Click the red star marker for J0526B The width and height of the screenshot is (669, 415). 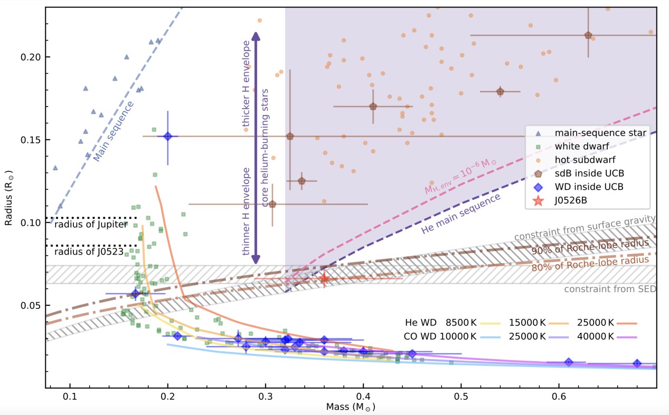pos(324,278)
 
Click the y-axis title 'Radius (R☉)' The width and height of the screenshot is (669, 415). pos(9,197)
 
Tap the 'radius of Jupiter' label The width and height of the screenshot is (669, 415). pos(91,225)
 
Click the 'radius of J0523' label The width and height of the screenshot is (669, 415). pos(88,252)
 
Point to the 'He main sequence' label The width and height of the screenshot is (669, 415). pos(460,214)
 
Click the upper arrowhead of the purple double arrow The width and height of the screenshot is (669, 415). pos(256,36)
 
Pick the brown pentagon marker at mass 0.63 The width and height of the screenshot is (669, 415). pos(588,35)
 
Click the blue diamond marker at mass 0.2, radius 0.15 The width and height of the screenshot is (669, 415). pos(168,136)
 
